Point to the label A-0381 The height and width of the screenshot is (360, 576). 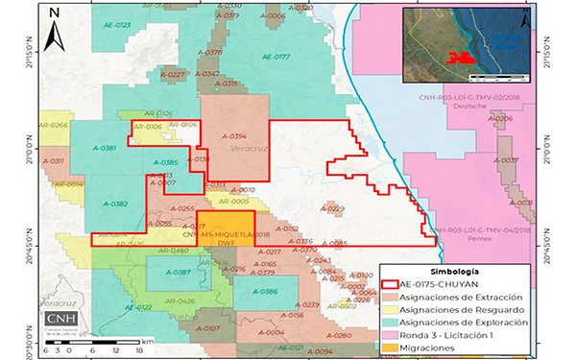(104, 148)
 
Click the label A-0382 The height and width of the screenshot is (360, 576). (112, 204)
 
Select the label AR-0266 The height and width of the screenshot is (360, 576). (53, 126)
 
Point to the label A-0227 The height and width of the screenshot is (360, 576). (172, 74)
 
